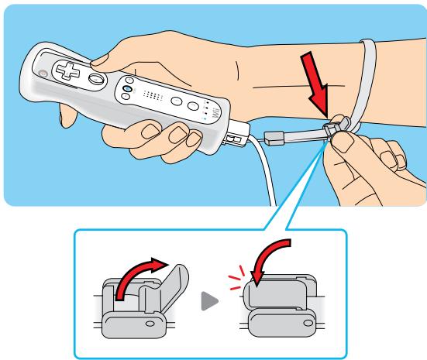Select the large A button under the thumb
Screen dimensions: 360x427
pyautogui.click(x=98, y=78)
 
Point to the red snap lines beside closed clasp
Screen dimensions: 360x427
pyautogui.click(x=239, y=278)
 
